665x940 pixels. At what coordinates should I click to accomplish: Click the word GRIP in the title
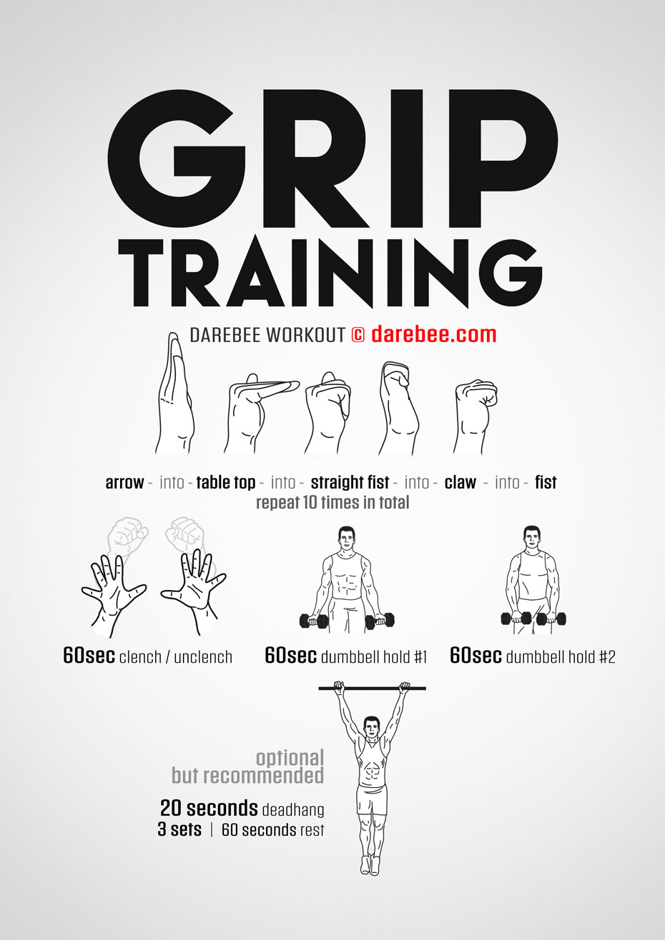333,159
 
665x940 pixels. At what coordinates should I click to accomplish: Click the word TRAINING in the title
330,273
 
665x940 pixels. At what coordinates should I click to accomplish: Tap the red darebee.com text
434,334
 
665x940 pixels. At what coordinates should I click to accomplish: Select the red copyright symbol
358,335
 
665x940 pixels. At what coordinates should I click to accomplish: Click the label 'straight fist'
350,483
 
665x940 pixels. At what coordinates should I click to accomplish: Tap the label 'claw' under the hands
460,483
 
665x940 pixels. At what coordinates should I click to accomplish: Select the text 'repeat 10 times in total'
332,502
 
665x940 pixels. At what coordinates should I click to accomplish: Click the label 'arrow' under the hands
124,484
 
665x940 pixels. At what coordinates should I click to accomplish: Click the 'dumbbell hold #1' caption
374,656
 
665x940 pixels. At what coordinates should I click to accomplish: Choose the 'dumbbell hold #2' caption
561,656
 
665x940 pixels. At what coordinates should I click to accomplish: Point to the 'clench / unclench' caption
176,657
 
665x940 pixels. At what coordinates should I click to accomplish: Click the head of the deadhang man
372,728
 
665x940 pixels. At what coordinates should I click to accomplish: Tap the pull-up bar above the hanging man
373,689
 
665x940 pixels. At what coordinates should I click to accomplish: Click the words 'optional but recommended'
248,766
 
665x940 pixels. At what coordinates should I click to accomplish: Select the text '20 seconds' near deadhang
209,809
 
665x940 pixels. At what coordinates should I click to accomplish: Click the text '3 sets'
179,829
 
